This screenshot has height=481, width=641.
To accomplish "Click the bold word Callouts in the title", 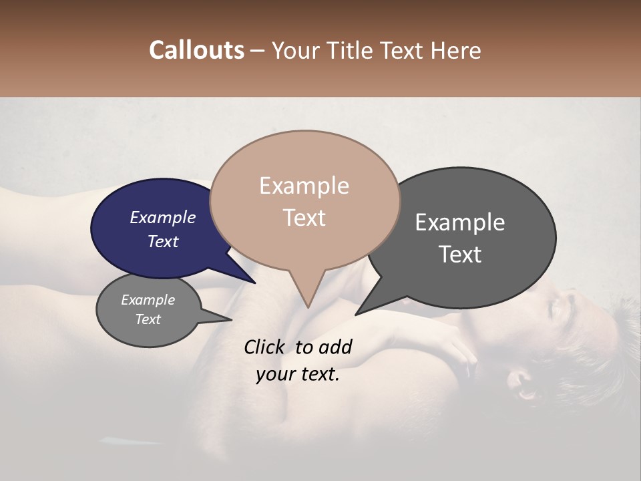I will pos(196,50).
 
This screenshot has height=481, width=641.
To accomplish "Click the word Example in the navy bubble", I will pos(162,217).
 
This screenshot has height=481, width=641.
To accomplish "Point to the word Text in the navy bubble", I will pos(162,241).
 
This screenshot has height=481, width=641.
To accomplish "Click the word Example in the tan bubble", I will pos(304,186).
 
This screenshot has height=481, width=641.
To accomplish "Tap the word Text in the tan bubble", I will pos(304,218).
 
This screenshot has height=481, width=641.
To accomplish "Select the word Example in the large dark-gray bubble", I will pos(460,222).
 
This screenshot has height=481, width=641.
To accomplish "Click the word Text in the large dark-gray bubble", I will pos(460,255).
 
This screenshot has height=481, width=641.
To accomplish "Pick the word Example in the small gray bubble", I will pos(148,300).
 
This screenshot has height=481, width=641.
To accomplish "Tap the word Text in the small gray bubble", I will pos(148,319).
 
